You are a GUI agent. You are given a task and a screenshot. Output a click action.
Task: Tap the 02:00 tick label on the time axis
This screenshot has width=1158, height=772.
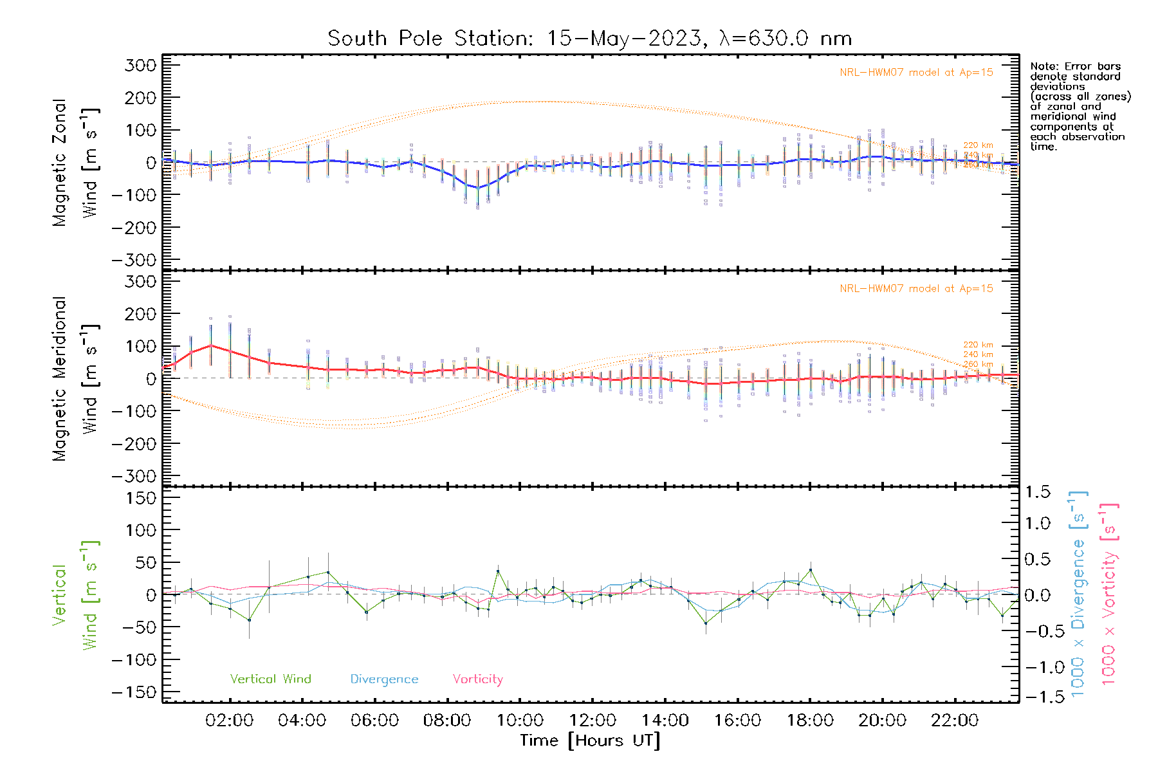(x=229, y=721)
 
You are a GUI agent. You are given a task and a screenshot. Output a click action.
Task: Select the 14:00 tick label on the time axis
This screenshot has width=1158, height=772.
(x=665, y=721)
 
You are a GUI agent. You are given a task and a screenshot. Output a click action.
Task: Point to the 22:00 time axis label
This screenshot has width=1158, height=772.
(x=955, y=721)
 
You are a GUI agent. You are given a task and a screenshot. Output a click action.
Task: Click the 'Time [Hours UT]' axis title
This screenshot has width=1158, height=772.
(x=590, y=741)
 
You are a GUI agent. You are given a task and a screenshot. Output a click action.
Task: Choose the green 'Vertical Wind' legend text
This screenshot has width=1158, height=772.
(x=270, y=679)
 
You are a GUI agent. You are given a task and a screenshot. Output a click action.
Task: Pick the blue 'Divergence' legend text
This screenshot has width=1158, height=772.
(x=384, y=679)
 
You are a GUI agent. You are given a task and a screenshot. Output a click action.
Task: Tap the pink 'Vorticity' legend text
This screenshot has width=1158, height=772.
(x=477, y=679)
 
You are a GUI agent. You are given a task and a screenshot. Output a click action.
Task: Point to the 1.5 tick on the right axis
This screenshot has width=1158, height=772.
(x=1037, y=492)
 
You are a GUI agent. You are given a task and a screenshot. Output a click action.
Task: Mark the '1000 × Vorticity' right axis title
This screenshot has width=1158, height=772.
(x=1109, y=594)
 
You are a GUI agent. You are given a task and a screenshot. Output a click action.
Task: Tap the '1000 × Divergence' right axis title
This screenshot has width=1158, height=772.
(x=1078, y=594)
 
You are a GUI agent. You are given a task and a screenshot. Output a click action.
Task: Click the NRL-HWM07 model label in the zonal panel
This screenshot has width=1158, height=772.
(x=916, y=73)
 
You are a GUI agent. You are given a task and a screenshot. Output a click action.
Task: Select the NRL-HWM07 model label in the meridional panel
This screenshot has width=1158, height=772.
(x=916, y=289)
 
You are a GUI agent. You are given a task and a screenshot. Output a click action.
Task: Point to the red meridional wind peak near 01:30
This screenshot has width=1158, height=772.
(x=210, y=345)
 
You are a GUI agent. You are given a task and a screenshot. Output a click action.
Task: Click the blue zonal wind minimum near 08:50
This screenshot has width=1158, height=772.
(x=477, y=188)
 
